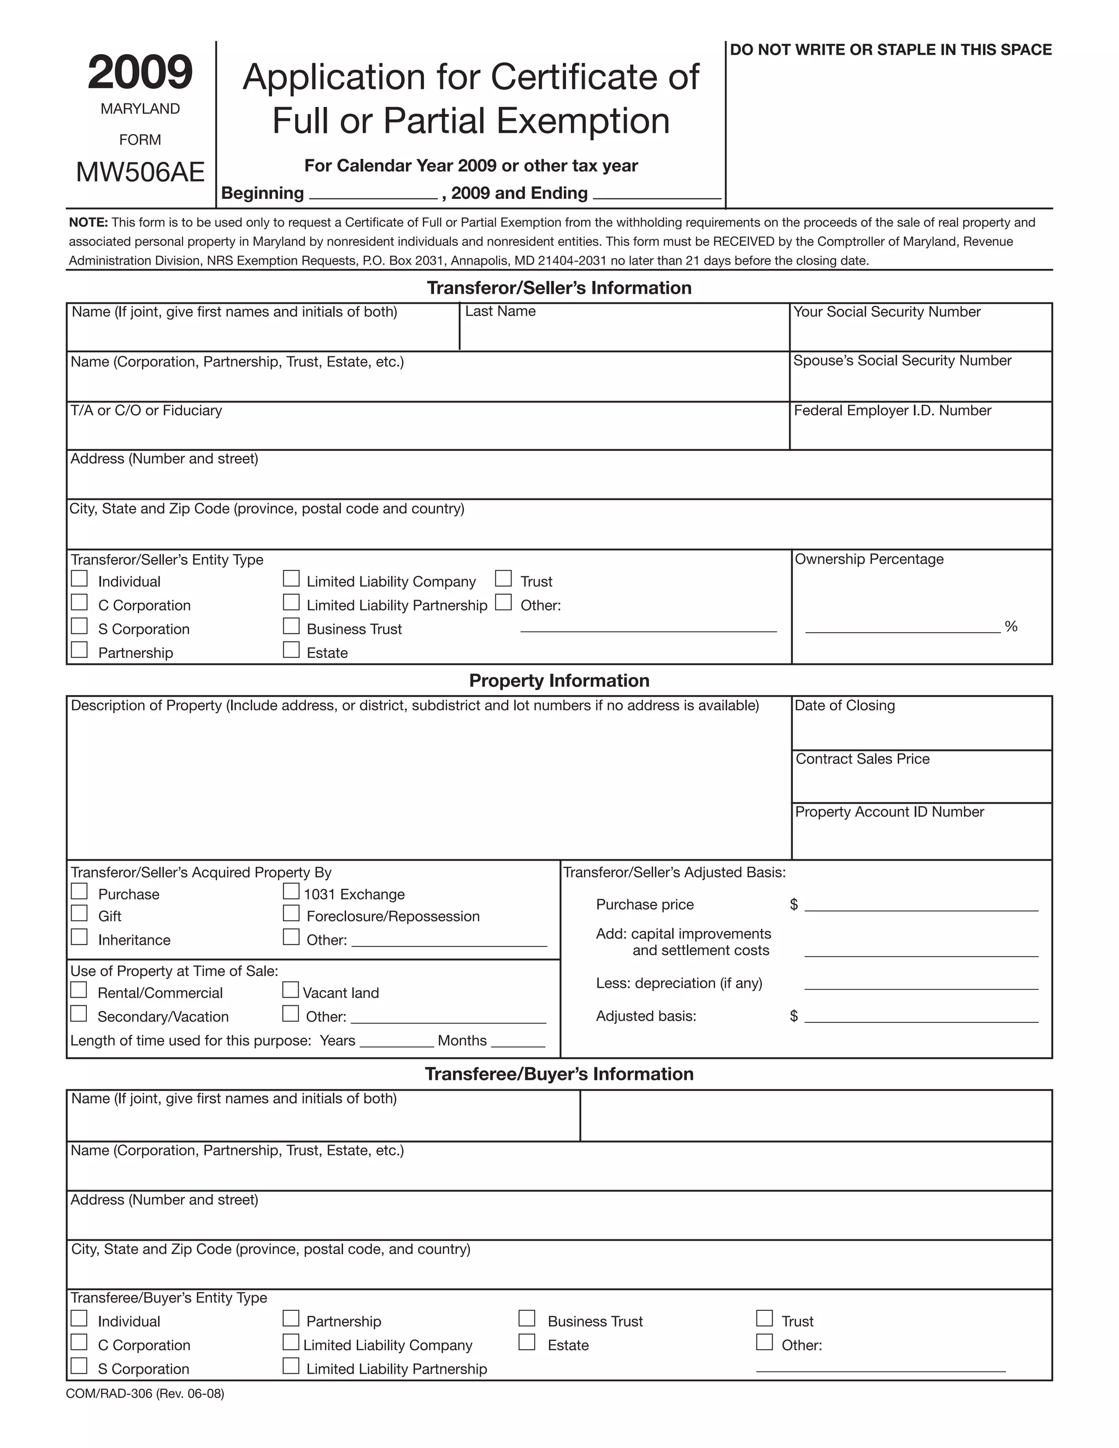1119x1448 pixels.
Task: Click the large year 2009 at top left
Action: coord(140,72)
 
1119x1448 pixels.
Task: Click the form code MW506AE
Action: coord(140,172)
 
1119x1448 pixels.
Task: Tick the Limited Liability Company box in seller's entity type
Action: coord(291,579)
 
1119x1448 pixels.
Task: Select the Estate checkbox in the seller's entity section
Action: coord(291,650)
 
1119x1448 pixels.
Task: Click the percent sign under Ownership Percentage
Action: coord(1010,627)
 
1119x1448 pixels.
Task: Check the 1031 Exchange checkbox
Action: coord(291,891)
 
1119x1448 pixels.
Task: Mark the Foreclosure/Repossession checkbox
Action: coord(291,914)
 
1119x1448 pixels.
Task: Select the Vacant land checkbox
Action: coord(290,990)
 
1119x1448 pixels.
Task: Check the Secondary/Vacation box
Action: coord(79,1014)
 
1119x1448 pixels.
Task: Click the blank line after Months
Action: coord(518,1042)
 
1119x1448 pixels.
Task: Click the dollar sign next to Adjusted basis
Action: coord(793,1016)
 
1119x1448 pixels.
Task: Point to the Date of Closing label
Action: coord(845,705)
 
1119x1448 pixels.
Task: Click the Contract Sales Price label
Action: coord(862,759)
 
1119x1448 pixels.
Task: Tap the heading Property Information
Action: coord(559,681)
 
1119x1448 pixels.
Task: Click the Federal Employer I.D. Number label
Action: coord(892,410)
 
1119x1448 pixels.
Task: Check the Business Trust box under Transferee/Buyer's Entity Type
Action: coord(527,1318)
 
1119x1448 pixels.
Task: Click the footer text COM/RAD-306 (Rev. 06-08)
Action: coord(145,1394)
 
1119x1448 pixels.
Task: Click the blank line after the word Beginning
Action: coord(373,193)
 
